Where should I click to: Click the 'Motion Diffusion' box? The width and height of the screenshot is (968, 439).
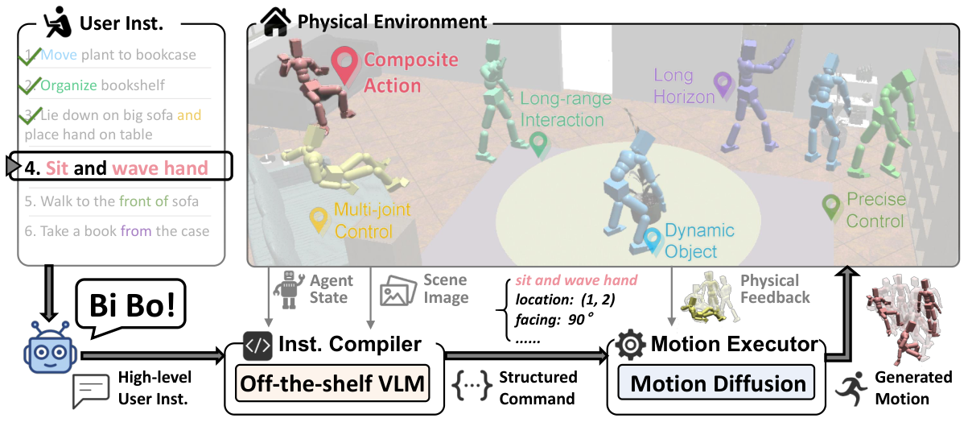pyautogui.click(x=718, y=383)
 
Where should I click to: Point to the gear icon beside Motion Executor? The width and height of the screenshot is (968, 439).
pyautogui.click(x=630, y=345)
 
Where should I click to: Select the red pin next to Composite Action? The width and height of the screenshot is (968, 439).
pyautogui.click(x=346, y=64)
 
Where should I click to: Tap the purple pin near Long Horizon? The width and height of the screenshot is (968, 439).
pyautogui.click(x=723, y=85)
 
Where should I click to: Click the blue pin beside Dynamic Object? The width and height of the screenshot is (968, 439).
pyautogui.click(x=652, y=238)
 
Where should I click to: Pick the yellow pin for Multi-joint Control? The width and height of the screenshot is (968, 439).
pyautogui.click(x=319, y=217)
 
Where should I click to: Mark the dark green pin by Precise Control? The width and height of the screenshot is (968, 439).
pyautogui.click(x=831, y=206)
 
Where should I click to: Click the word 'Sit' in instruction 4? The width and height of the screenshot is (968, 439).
pyautogui.click(x=56, y=169)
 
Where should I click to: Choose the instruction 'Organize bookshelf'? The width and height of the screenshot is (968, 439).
pyautogui.click(x=95, y=85)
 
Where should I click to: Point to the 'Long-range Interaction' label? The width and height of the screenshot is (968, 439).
pyautogui.click(x=562, y=110)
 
